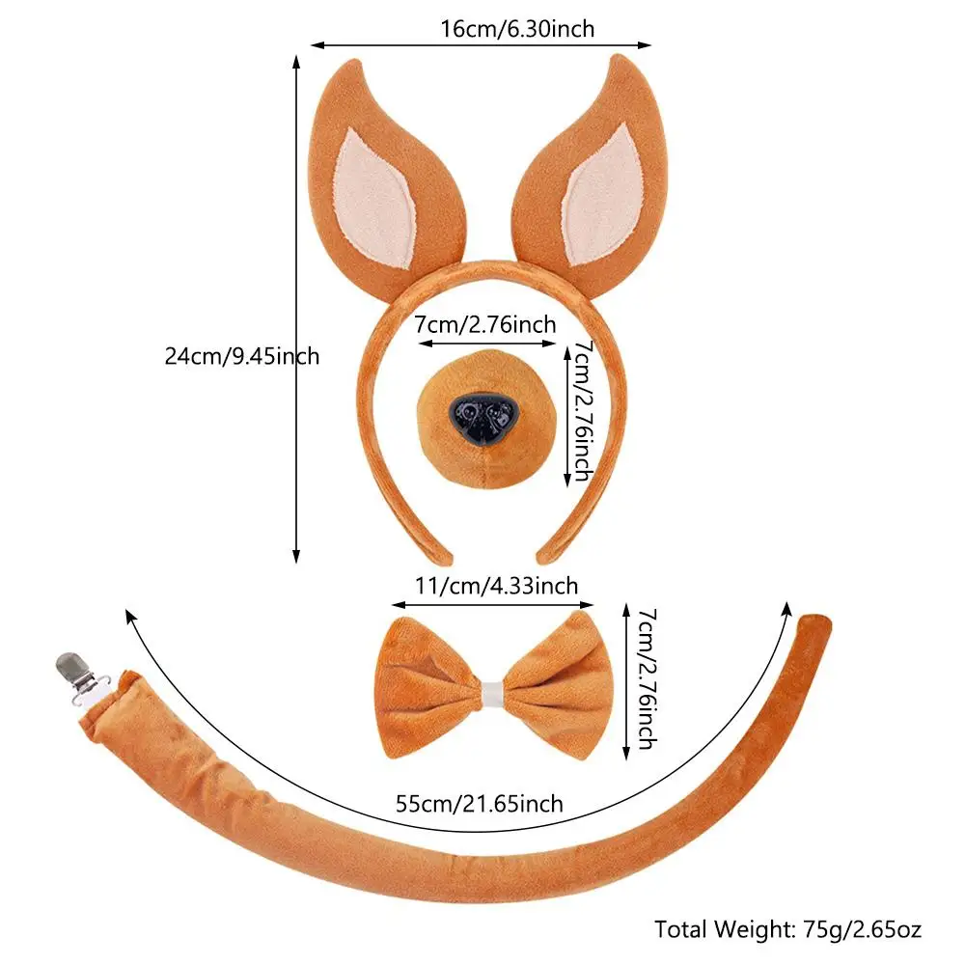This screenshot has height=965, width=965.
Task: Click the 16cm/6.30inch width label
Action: coord(517,29)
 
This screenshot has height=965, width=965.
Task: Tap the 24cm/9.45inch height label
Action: coord(242,356)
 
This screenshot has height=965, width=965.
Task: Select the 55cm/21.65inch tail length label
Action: coord(480,803)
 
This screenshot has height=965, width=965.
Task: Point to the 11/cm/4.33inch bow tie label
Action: coord(496,586)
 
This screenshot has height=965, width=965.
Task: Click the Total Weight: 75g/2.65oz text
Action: coord(788,929)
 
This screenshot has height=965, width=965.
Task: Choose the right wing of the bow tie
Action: coord(559,687)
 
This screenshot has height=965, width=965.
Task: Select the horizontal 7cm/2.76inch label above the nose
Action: coord(485,325)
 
